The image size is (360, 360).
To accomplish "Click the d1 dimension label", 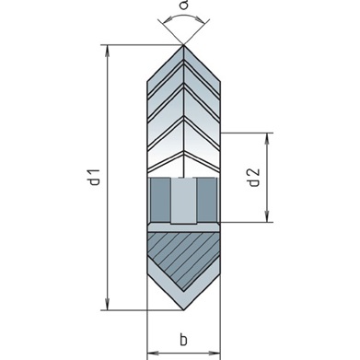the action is coord(95,177).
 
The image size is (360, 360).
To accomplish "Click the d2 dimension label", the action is coord(253,178).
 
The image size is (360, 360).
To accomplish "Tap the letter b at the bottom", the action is coord(183,340).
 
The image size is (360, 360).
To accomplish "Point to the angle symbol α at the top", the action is coord(183,5).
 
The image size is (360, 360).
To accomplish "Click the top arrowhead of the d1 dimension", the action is coord(107,51).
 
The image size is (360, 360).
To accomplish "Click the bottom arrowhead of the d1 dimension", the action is coord(107,304).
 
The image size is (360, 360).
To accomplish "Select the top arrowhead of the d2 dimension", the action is coord(267,138).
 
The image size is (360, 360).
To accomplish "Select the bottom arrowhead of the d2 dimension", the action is coord(267,216).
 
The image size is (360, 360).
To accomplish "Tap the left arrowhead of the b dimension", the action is coord(153,353).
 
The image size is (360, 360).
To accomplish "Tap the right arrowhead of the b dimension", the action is coord(215,353).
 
